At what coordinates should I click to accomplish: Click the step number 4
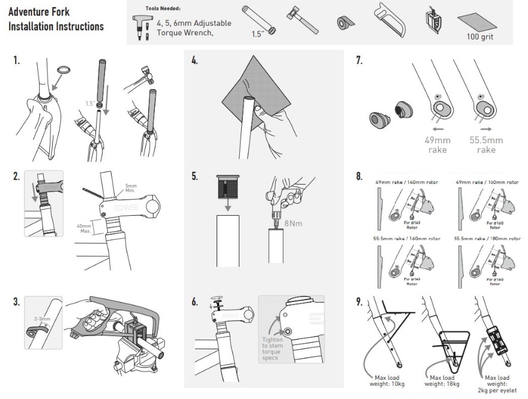pos(194,61)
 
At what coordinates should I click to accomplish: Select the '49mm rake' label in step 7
pos(437,145)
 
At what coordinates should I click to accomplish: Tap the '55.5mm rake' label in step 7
pos(487,145)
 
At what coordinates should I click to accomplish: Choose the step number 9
pos(359,301)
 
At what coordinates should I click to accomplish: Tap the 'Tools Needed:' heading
pos(163,9)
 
